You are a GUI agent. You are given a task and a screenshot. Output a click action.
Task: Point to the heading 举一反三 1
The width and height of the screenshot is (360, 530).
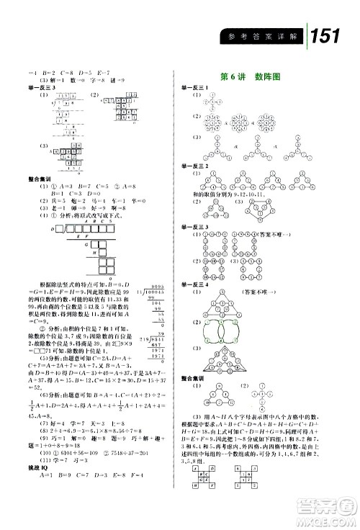click(x=195, y=87)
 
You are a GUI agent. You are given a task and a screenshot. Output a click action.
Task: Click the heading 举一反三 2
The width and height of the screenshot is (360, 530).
click(x=195, y=165)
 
